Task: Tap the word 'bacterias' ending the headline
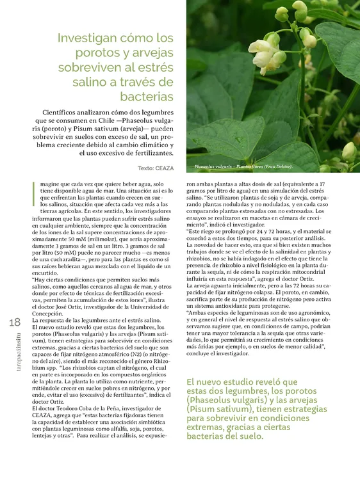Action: pos(146,97)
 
